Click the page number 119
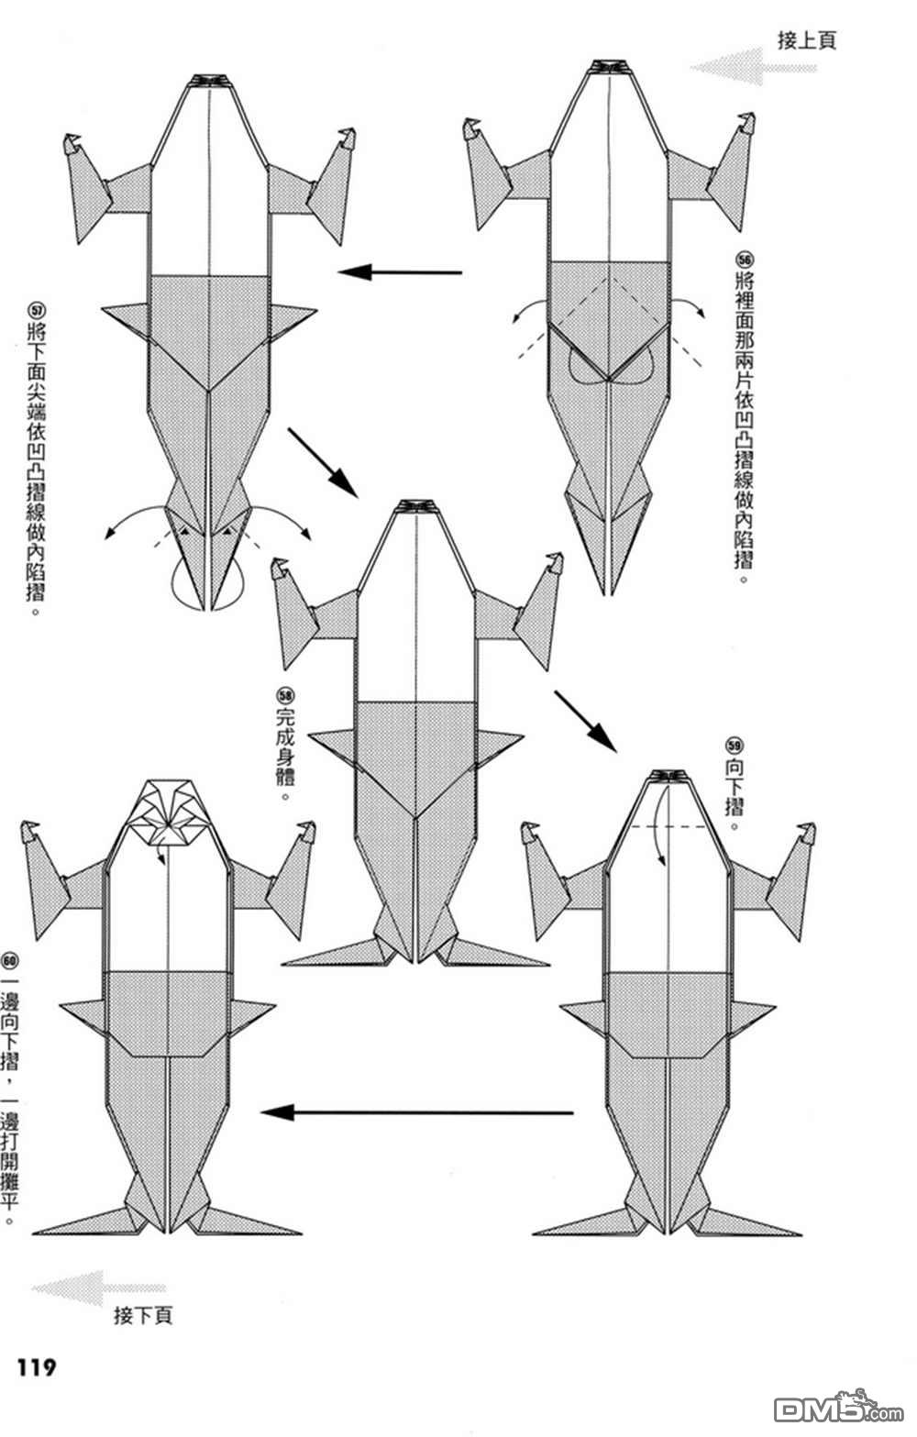coord(36,1367)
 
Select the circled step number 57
coord(36,311)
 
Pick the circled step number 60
coord(10,961)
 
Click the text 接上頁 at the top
coord(806,40)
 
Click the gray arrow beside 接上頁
coord(752,68)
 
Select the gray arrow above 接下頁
coord(98,1288)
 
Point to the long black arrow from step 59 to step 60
coord(417,1112)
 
